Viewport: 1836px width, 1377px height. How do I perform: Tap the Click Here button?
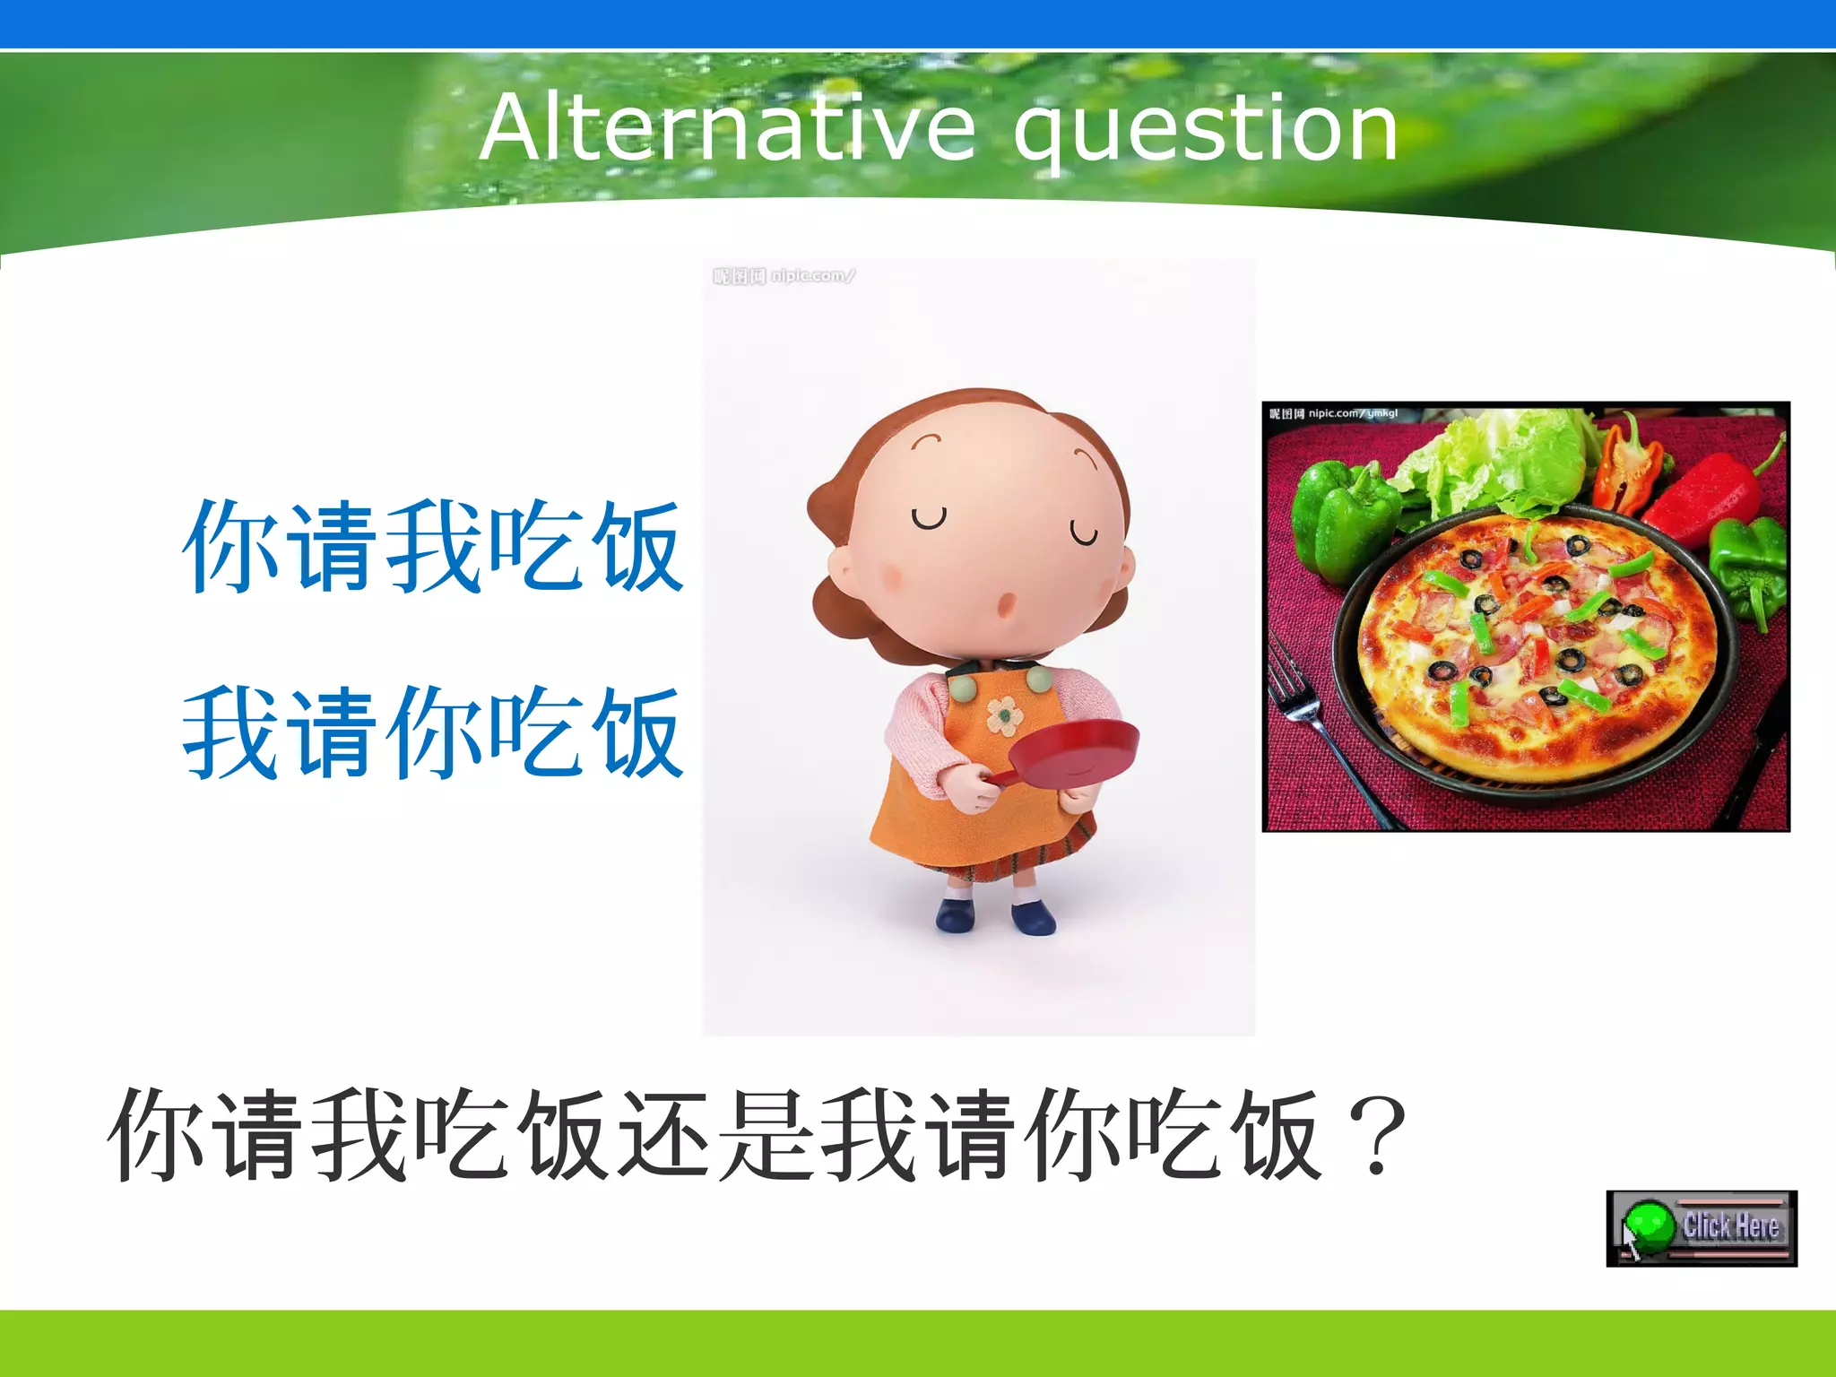coord(1702,1227)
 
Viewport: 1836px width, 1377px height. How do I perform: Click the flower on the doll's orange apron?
coord(1005,715)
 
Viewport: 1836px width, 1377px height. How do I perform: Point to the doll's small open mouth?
coord(1007,605)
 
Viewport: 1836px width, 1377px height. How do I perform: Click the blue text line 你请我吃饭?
coord(434,546)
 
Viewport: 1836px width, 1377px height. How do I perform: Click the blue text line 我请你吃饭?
coord(434,732)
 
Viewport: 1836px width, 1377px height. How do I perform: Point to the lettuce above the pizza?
coord(1506,466)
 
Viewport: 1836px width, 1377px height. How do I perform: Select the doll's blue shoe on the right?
coord(1034,917)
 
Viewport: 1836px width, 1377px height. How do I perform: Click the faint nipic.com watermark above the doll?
coord(784,276)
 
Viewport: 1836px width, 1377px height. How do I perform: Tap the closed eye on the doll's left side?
coord(929,518)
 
